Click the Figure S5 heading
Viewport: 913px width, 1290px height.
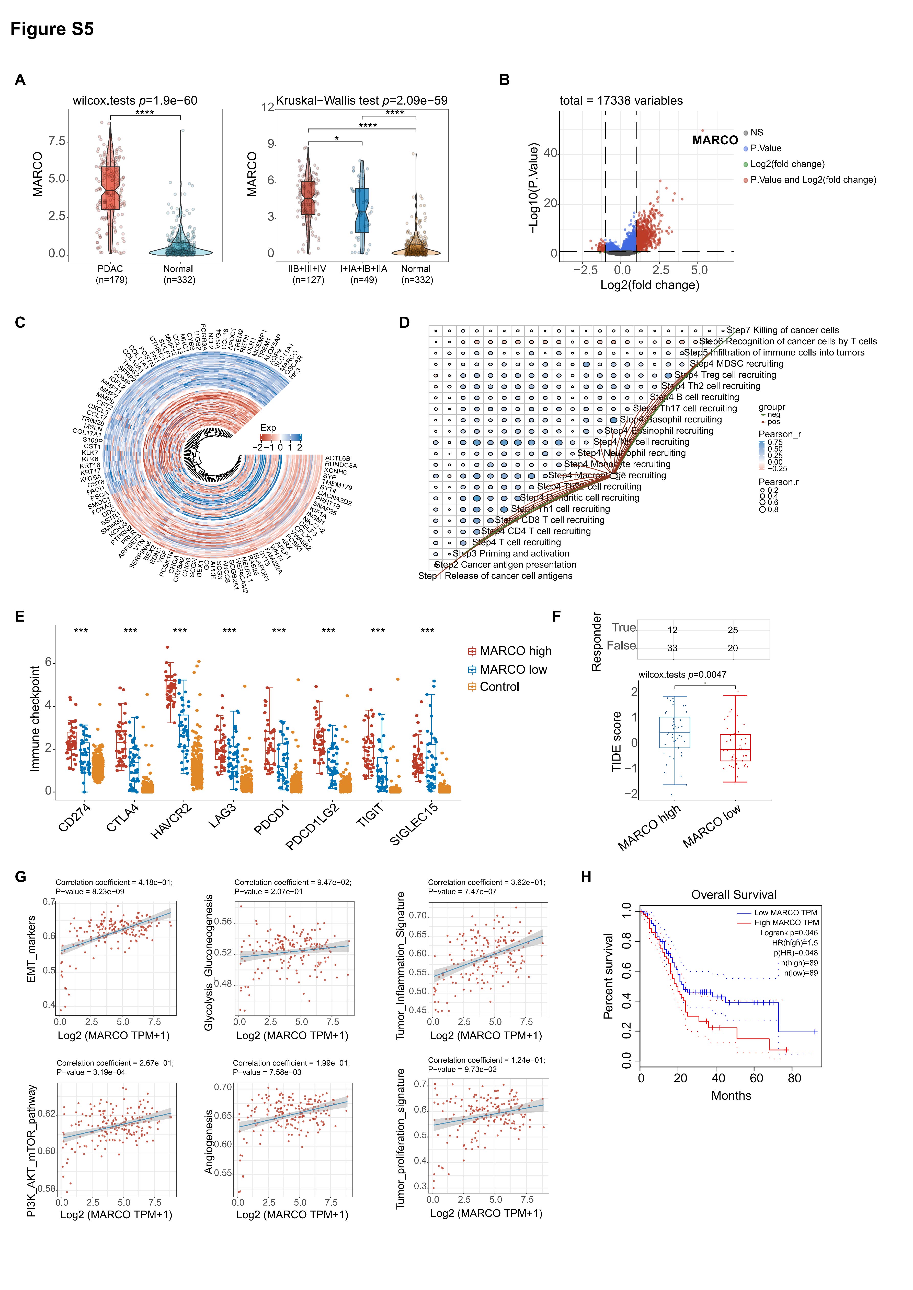click(52, 29)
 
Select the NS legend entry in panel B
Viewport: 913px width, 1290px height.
click(756, 133)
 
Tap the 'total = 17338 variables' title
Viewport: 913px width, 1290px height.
click(621, 101)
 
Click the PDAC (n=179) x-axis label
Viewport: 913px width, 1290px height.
click(111, 274)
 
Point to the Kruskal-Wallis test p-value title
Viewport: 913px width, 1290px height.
click(361, 101)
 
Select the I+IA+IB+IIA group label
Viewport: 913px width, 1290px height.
click(364, 274)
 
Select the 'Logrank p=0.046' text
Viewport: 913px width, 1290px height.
click(789, 933)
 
